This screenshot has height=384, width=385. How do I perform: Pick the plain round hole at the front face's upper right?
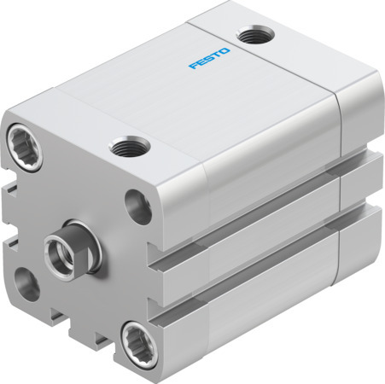(x=136, y=204)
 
